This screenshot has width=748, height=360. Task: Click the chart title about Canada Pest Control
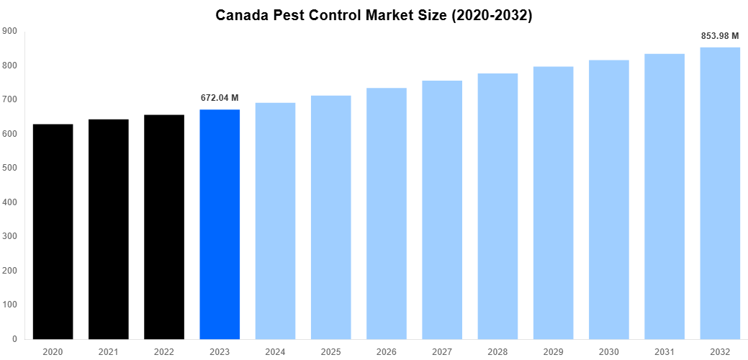(x=374, y=15)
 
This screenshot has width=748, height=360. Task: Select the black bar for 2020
(x=53, y=231)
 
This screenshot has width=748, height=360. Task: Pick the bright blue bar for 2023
(x=220, y=224)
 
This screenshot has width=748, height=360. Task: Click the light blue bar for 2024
(x=275, y=220)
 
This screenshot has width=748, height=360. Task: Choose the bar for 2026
(x=387, y=213)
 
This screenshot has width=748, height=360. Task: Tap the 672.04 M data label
(x=220, y=98)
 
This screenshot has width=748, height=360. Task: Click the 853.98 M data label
(x=720, y=35)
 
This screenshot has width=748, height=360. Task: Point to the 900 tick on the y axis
(x=10, y=31)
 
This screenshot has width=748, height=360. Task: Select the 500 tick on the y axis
(x=10, y=168)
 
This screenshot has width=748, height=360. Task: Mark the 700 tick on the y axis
(x=10, y=99)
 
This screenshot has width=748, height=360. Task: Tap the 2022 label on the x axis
(x=164, y=351)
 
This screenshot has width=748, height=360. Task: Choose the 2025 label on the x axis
(x=331, y=351)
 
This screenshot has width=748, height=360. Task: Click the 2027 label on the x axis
(x=442, y=351)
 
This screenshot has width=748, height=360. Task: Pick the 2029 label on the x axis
(x=554, y=351)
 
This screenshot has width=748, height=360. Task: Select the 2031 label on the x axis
(x=664, y=351)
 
